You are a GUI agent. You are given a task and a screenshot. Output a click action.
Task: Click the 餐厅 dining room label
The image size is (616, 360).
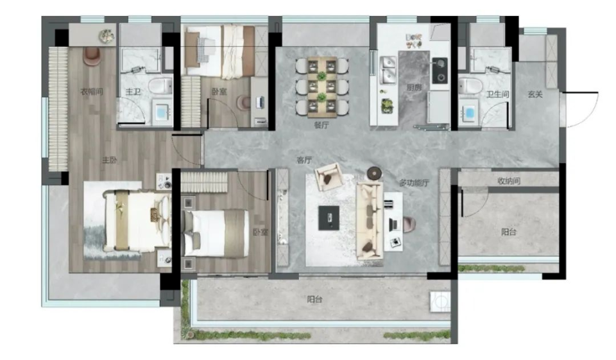pyautogui.click(x=321, y=125)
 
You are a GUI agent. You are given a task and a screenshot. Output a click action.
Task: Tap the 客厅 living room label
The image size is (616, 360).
pyautogui.click(x=304, y=160)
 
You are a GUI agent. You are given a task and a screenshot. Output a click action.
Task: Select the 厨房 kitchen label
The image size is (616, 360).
pyautogui.click(x=414, y=88)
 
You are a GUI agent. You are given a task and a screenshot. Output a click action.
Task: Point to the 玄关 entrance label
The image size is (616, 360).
pyautogui.click(x=535, y=94)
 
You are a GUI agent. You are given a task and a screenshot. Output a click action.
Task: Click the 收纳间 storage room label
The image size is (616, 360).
pyautogui.click(x=509, y=181)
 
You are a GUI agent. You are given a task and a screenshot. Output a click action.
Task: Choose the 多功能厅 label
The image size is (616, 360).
pyautogui.click(x=414, y=183)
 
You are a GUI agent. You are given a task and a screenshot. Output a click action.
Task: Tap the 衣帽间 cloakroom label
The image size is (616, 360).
pyautogui.click(x=92, y=92)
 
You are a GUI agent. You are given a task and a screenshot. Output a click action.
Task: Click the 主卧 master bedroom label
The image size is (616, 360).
pyautogui.click(x=109, y=160)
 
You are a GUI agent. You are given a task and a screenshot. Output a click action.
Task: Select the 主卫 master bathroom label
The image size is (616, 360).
pyautogui.click(x=133, y=92)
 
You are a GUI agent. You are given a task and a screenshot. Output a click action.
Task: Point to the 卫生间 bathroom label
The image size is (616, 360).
pyautogui.click(x=497, y=94)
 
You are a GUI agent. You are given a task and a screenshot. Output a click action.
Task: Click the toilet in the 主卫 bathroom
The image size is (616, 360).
pyautogui.click(x=160, y=85)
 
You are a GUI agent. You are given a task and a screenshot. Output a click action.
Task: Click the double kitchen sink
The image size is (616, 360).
pyautogui.click(x=388, y=71)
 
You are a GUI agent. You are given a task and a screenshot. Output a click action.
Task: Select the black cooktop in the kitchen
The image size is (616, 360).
pyautogui.click(x=440, y=71)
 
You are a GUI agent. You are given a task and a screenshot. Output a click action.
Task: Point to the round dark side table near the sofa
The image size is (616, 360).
pyautogui.click(x=374, y=173)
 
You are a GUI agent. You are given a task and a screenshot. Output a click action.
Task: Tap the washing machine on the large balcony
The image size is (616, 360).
pyautogui.click(x=440, y=302)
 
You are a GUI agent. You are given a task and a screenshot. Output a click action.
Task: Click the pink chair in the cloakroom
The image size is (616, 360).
pyautogui.click(x=92, y=56)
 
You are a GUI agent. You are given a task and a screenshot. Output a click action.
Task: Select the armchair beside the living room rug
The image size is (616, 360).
pyautogui.click(x=329, y=176)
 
